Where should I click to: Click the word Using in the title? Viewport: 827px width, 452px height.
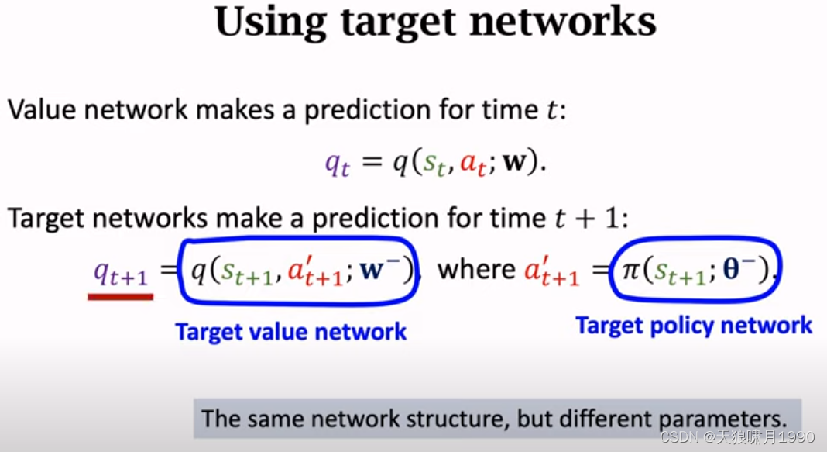point(270,22)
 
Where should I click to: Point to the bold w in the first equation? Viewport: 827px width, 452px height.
point(515,161)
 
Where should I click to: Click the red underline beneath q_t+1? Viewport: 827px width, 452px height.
point(121,297)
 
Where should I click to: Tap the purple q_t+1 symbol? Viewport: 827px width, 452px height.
point(121,273)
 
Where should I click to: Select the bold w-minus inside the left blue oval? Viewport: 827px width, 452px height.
point(379,269)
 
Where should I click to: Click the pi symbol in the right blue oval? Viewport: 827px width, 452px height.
point(631,270)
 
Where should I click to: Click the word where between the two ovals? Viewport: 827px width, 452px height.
point(476,269)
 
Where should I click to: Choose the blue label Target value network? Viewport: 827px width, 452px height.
point(290,332)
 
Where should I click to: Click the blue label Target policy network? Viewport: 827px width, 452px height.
point(694,326)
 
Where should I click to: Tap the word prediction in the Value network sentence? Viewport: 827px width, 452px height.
point(365,111)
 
